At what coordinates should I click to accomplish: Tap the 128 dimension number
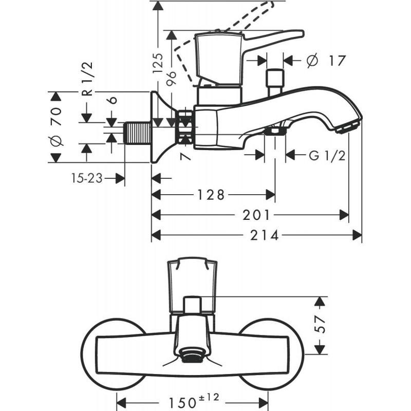[x=212, y=195]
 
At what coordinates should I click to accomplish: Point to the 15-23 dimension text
[x=86, y=178]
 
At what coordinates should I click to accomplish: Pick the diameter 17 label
[x=325, y=61]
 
